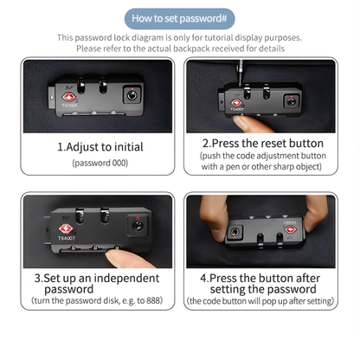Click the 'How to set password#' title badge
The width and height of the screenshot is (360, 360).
click(x=179, y=19)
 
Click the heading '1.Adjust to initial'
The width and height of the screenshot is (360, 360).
click(x=100, y=147)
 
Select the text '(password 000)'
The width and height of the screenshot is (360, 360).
click(x=100, y=163)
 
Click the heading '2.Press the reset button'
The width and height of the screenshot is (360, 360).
click(x=263, y=144)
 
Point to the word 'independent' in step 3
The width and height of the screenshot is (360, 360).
click(x=126, y=279)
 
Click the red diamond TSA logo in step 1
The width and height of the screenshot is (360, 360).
click(x=69, y=97)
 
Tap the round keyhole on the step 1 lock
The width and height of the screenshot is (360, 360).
click(x=132, y=95)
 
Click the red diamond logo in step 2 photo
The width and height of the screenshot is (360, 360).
click(x=236, y=103)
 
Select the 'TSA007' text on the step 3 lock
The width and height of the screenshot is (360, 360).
click(x=67, y=238)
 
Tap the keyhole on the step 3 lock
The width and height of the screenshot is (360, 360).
click(x=137, y=225)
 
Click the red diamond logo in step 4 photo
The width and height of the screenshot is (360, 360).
click(x=291, y=229)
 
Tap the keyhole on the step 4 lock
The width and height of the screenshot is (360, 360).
click(x=235, y=232)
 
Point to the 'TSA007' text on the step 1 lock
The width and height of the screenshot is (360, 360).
click(x=69, y=106)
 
